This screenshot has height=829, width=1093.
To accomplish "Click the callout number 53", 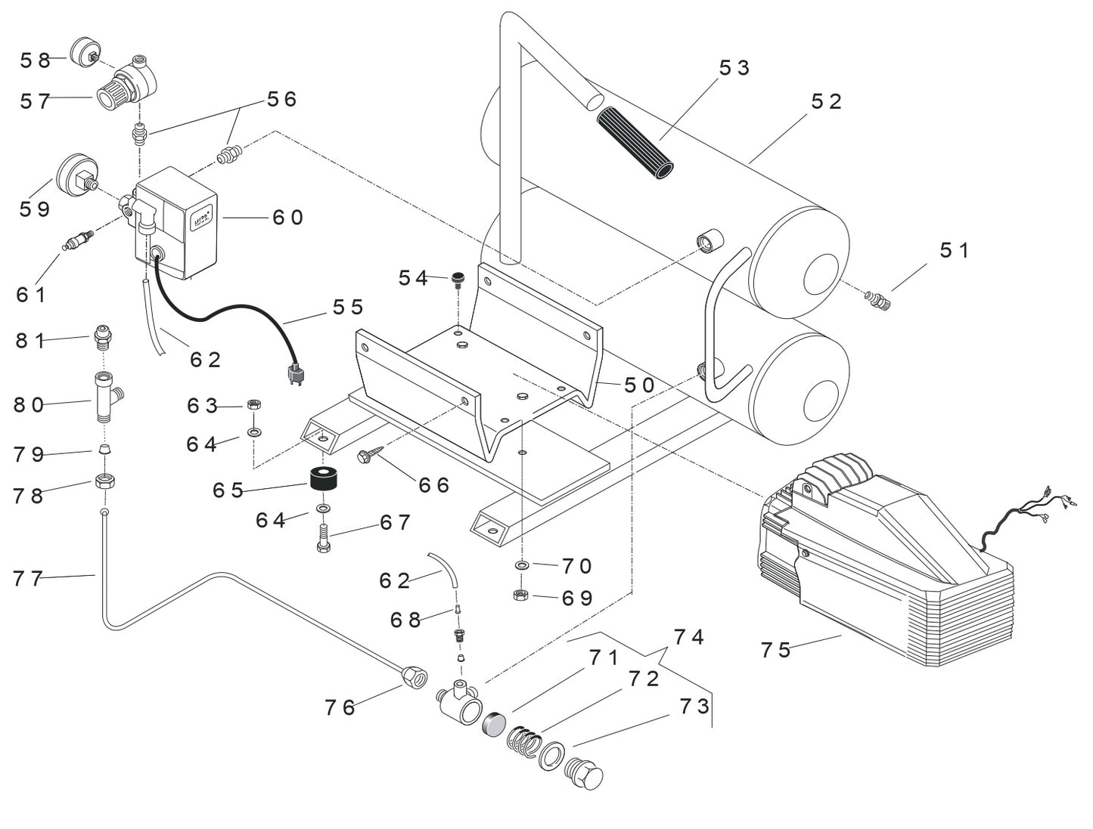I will pos(733,68).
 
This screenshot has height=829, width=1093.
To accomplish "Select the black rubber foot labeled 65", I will pos(323,480).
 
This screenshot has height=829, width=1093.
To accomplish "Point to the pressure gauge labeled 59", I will pos(75,175).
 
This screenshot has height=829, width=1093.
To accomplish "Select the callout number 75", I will pos(775,650).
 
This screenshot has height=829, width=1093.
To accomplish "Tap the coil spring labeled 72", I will pos(523,741).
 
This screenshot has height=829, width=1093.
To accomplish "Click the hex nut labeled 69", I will pos(520,595).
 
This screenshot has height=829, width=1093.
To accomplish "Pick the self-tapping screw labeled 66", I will pos(370,454).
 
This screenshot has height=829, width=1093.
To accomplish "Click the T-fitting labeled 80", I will pos(104,397).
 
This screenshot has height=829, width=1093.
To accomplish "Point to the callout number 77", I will pos(28,579).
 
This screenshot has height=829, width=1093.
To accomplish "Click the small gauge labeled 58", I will pos(85,52).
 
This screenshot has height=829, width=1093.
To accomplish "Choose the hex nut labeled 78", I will pos(105,481).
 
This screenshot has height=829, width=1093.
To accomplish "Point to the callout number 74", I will pos(688,638).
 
